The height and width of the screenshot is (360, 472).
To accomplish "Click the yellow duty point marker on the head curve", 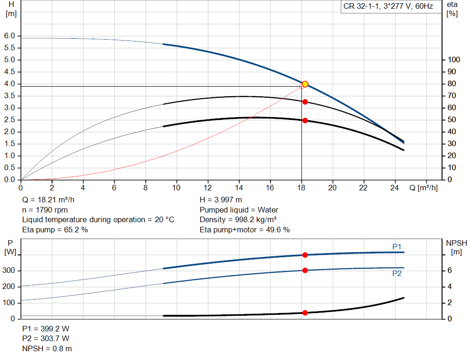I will pos(305,84).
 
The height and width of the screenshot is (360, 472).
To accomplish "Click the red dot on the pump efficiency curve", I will pos(305,102).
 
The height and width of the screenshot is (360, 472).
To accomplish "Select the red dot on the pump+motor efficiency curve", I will pos(305,120).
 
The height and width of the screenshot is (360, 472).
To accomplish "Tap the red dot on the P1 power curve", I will pos(305,255).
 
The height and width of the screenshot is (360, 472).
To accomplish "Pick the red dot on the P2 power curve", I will pos(305,270).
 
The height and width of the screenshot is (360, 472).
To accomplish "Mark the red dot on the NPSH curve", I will pos(305,313).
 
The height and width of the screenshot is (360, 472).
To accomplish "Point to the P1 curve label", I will pos(397,247).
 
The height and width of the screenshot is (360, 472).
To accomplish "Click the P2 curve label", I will pos(397,274).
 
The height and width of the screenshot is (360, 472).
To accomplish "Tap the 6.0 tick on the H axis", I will pos(10,36).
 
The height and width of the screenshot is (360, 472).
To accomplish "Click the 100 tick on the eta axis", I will pos(454,60).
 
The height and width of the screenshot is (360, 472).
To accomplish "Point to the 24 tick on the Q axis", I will pos(395,188).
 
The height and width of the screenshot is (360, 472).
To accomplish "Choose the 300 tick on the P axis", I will pos(10,271).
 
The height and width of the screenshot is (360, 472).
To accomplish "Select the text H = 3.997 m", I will pos(221,200).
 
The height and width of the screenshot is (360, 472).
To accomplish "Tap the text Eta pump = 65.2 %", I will pos(55,230).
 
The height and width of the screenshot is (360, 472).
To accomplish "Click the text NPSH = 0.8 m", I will pos(47,348).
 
